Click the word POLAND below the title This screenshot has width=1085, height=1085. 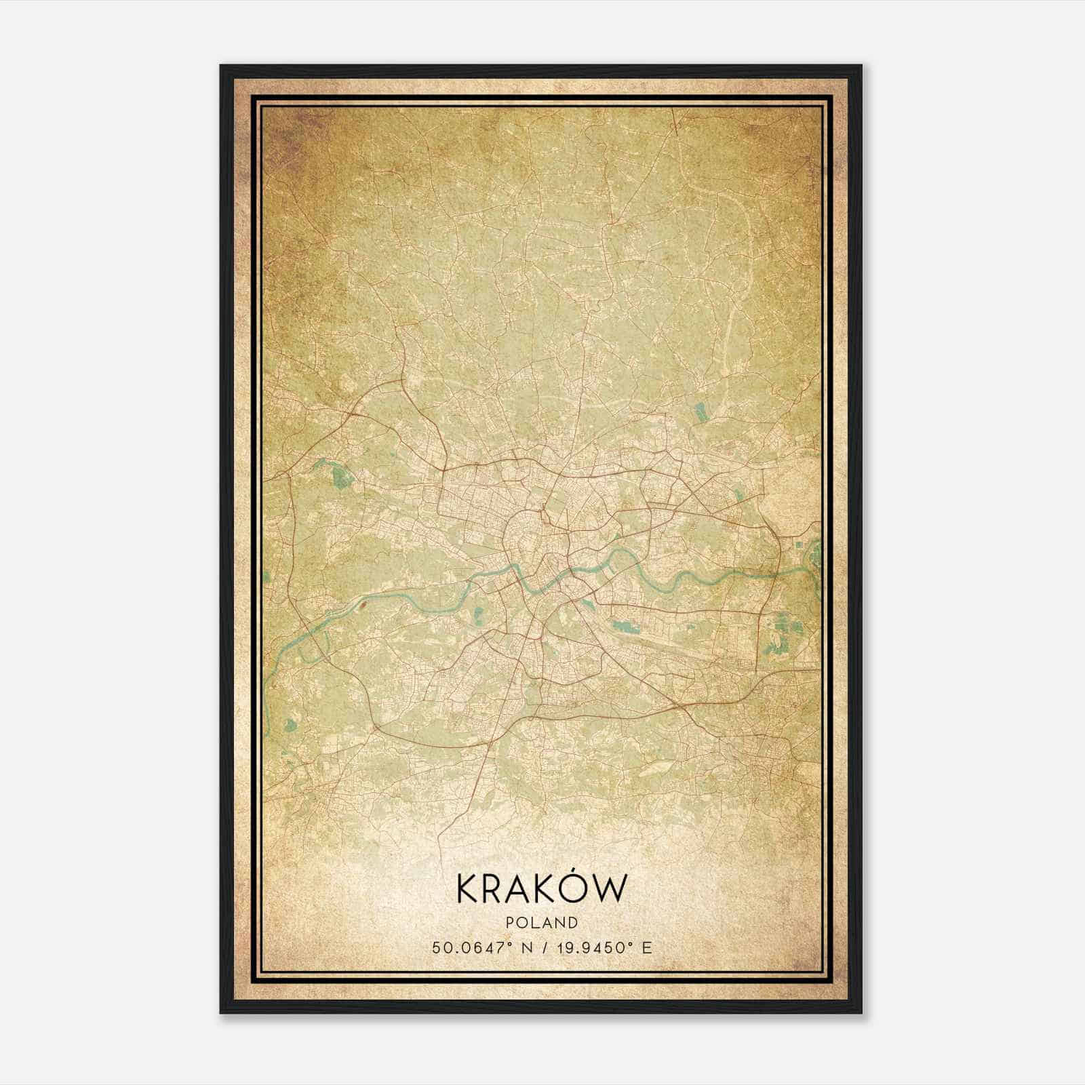coord(542,923)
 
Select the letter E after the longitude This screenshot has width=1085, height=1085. coord(648,948)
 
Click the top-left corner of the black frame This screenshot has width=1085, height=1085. coord(221,66)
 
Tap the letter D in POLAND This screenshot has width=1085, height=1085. coord(574,923)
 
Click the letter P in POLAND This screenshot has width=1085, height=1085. coord(509,923)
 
